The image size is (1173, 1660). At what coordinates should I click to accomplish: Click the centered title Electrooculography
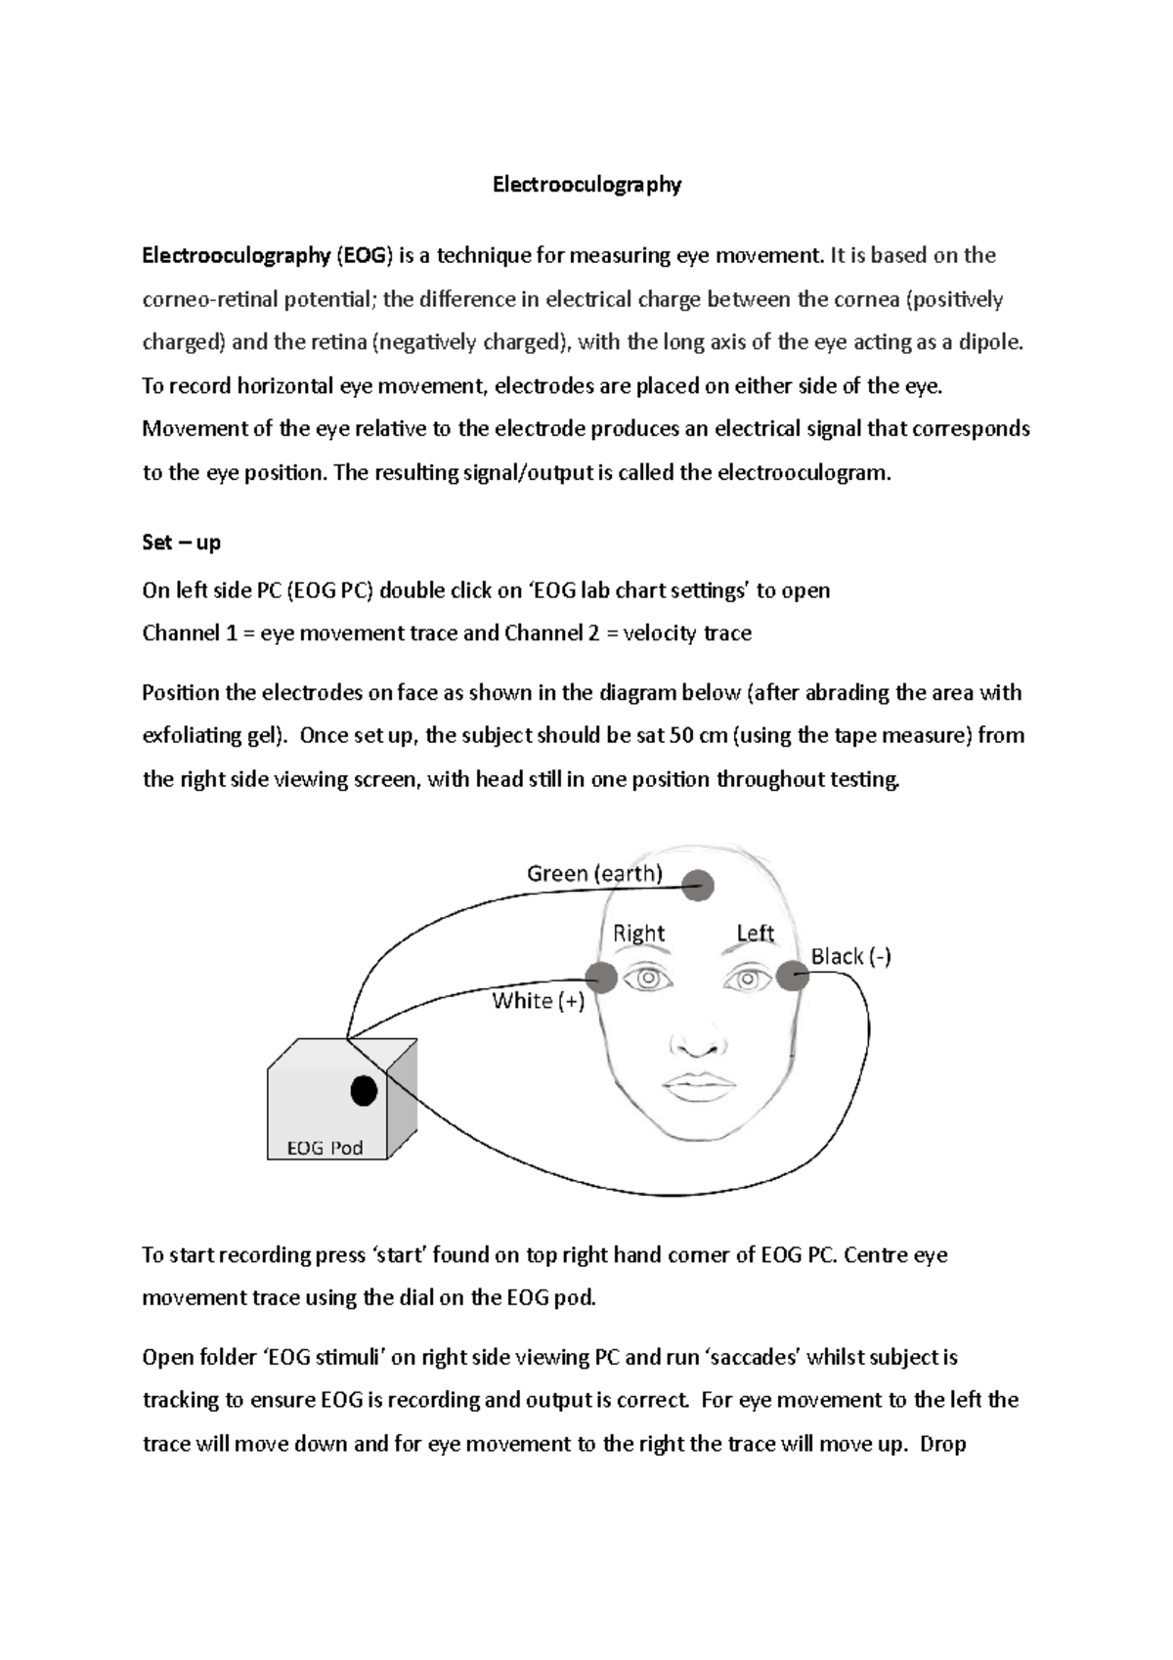(586, 184)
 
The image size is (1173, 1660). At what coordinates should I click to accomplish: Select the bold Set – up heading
(181, 542)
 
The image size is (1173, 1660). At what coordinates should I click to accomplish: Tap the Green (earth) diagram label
(594, 873)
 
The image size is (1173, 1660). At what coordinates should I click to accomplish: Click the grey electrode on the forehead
(698, 887)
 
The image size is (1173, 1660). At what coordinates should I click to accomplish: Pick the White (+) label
(538, 1000)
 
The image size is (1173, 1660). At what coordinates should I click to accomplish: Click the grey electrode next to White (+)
(600, 976)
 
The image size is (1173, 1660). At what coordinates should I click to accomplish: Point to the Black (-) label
(850, 956)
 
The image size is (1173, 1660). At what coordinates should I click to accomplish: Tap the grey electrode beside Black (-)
(793, 975)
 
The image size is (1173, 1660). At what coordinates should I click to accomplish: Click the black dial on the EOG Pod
(364, 1090)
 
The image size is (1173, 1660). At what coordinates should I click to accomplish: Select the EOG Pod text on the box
(325, 1148)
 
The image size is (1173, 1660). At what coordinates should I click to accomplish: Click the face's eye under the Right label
(648, 978)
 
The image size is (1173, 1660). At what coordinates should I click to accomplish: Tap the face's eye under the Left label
(748, 978)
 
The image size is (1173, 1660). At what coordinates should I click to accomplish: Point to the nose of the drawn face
(698, 1043)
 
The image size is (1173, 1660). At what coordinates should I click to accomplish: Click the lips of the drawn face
(698, 1085)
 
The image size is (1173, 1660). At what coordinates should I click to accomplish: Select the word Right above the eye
(638, 933)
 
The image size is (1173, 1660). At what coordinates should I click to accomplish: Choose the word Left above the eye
(755, 933)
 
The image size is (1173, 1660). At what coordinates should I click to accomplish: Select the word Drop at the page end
(942, 1443)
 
